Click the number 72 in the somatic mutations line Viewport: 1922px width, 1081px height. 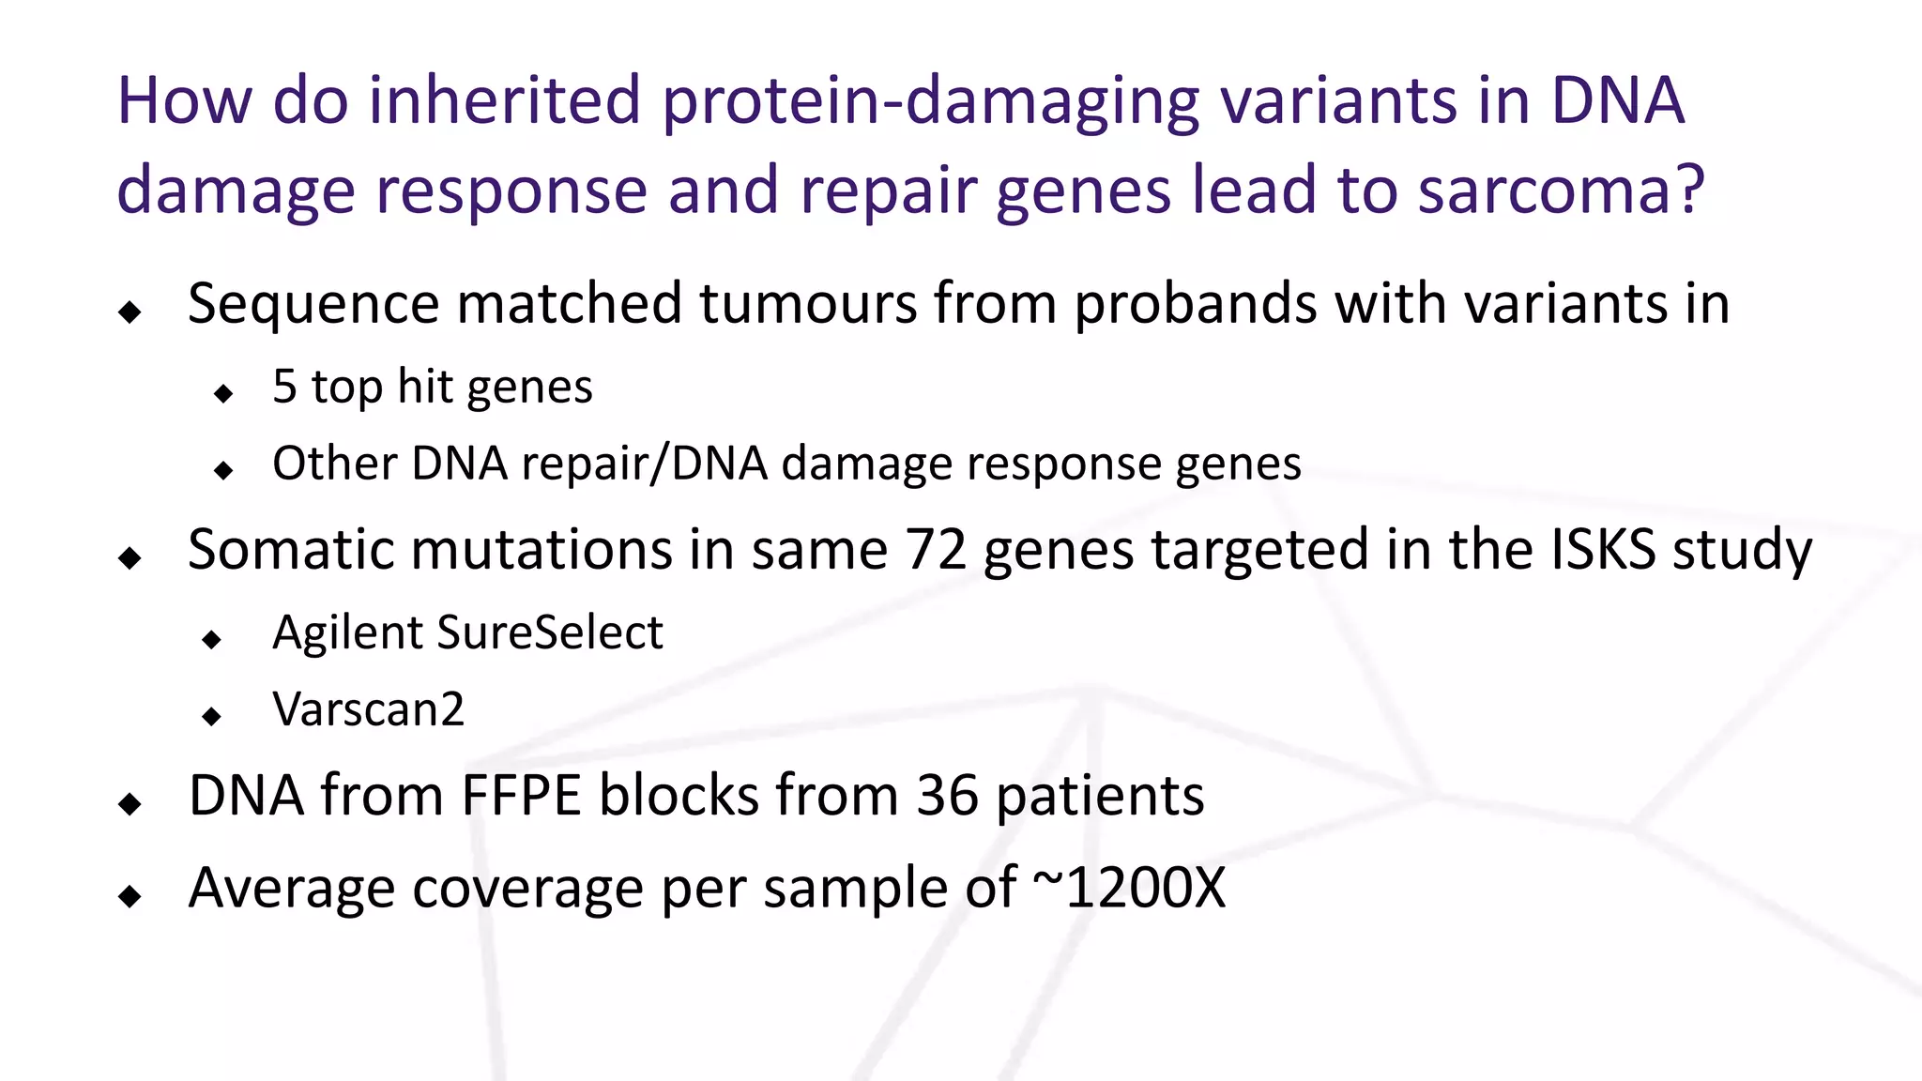point(936,550)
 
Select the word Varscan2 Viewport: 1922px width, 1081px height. point(369,710)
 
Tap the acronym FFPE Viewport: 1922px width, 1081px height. point(521,797)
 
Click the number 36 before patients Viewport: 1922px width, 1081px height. point(947,797)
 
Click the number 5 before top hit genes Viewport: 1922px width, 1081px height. point(284,388)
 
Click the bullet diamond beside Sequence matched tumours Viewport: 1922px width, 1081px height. point(130,312)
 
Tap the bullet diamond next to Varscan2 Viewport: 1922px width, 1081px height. point(212,717)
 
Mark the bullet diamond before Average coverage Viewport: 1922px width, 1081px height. point(130,896)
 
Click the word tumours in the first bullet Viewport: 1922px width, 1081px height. point(807,305)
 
